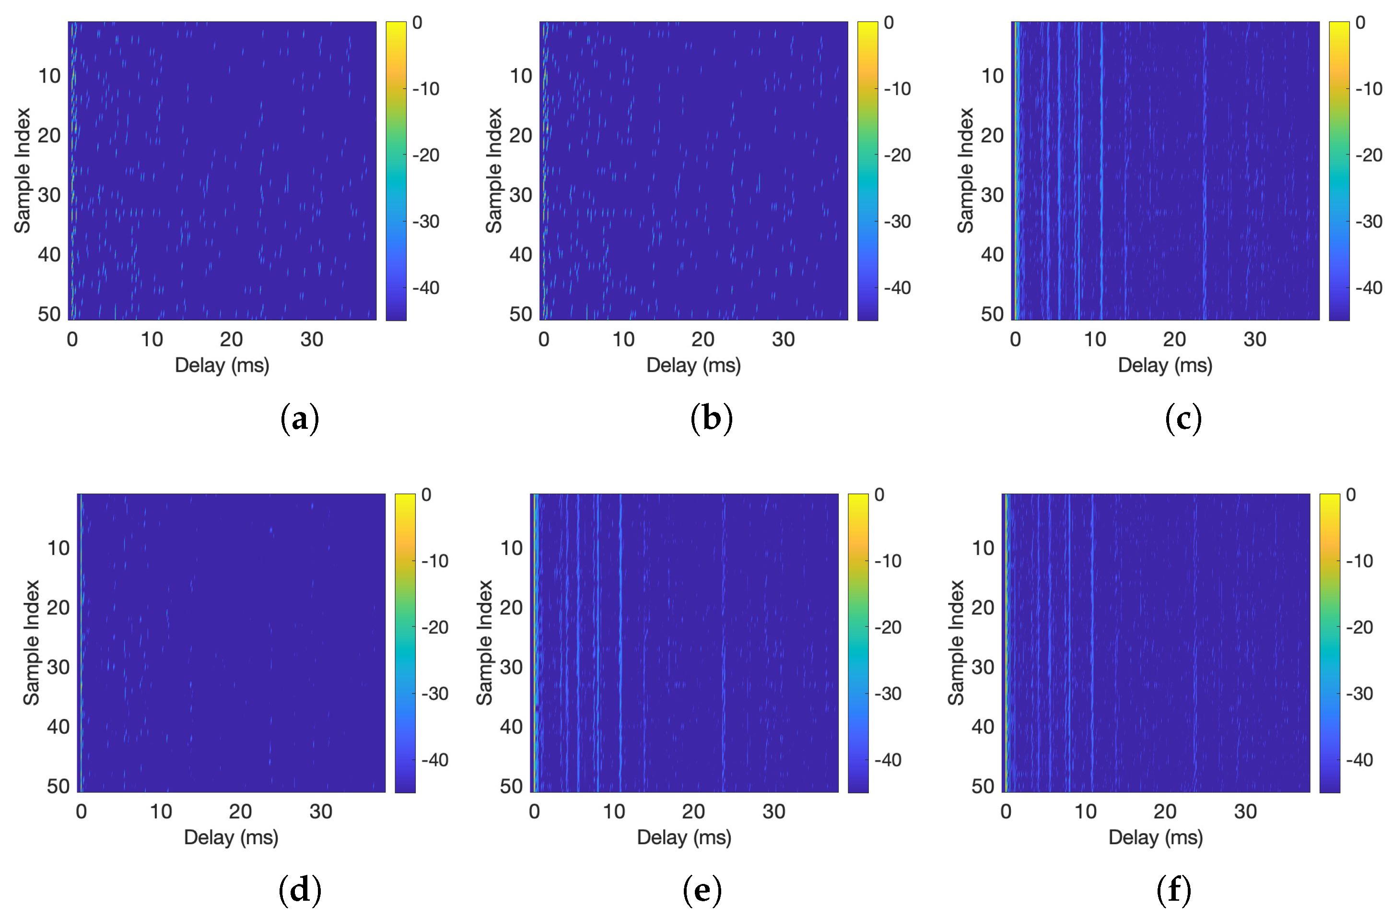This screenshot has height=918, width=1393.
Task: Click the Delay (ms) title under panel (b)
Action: tap(693, 365)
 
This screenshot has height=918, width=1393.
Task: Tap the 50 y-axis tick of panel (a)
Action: tap(49, 314)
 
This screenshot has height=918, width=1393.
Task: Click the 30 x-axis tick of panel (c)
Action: tap(1254, 340)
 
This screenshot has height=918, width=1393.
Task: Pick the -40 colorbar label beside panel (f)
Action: tap(1359, 760)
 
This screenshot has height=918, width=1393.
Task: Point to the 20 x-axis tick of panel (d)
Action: tap(240, 812)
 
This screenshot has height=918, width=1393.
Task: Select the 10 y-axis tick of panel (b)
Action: tap(520, 76)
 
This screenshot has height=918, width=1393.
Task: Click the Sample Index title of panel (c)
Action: tap(965, 170)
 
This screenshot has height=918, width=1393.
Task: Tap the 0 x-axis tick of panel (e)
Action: tap(534, 812)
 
